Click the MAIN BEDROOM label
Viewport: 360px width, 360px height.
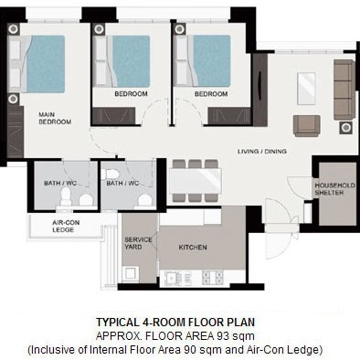point(55,118)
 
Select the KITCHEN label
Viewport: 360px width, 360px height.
point(193,248)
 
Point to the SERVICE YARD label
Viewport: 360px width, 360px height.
point(138,243)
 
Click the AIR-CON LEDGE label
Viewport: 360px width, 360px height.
point(66,226)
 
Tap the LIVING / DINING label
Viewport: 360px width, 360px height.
point(262,151)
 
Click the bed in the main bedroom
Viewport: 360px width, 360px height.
point(37,64)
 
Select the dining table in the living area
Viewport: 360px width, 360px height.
point(196,181)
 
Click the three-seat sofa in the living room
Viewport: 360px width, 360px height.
point(344,90)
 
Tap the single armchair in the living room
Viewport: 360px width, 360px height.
point(307,125)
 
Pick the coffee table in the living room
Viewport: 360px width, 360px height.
point(306,89)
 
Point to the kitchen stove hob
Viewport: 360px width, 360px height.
point(213,278)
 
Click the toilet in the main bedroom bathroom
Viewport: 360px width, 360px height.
point(66,196)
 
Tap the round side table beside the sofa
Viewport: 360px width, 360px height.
point(345,128)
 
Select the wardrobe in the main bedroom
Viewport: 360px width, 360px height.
point(15,132)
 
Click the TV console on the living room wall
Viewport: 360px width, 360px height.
point(259,90)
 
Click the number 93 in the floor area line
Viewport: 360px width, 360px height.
point(222,336)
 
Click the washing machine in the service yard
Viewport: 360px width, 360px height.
point(131,274)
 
